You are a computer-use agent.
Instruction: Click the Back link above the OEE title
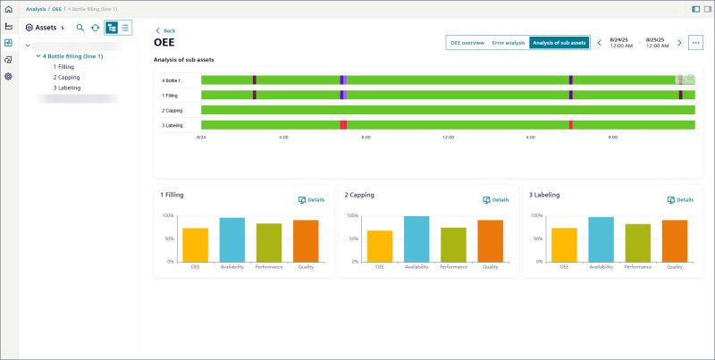point(165,30)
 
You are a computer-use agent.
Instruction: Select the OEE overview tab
point(467,43)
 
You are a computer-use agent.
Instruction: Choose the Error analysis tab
point(509,43)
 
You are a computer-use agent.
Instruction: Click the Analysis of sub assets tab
point(559,43)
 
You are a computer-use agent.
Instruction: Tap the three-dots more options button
point(696,43)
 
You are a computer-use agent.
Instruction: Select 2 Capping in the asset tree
point(66,77)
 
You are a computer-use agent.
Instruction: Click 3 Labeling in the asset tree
point(67,88)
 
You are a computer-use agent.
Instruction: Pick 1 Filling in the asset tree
point(63,66)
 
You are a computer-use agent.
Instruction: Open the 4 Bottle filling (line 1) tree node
point(74,55)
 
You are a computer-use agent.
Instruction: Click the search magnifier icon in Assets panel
point(80,28)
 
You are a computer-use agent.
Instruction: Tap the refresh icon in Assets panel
point(95,28)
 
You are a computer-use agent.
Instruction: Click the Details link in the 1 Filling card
point(311,199)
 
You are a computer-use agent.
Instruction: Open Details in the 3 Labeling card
point(680,199)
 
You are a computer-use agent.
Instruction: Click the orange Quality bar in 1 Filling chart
point(306,240)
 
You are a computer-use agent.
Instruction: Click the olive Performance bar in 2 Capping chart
point(453,244)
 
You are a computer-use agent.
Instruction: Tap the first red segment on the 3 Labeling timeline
point(343,125)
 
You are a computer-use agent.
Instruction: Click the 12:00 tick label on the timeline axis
point(448,138)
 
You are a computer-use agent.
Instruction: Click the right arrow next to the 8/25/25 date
point(679,43)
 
